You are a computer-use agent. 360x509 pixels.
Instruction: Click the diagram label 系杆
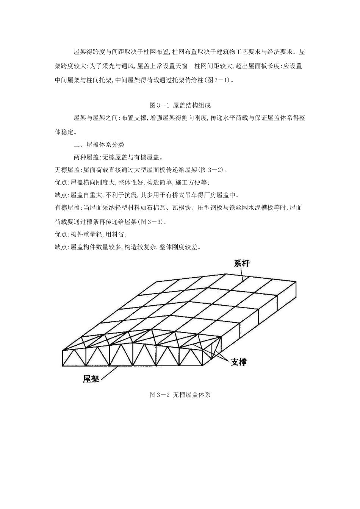coord(241,264)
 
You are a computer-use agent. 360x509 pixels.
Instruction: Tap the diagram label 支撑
coord(239,362)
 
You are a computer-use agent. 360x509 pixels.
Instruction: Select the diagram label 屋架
coord(91,379)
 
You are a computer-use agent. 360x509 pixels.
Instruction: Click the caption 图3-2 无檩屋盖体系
coord(180,395)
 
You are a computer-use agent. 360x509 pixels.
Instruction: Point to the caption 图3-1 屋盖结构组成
coord(180,105)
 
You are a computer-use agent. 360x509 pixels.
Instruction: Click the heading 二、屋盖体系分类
coord(99,145)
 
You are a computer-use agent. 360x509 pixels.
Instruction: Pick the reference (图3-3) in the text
coord(150,222)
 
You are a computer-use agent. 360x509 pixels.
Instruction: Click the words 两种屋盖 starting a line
coord(86,157)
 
